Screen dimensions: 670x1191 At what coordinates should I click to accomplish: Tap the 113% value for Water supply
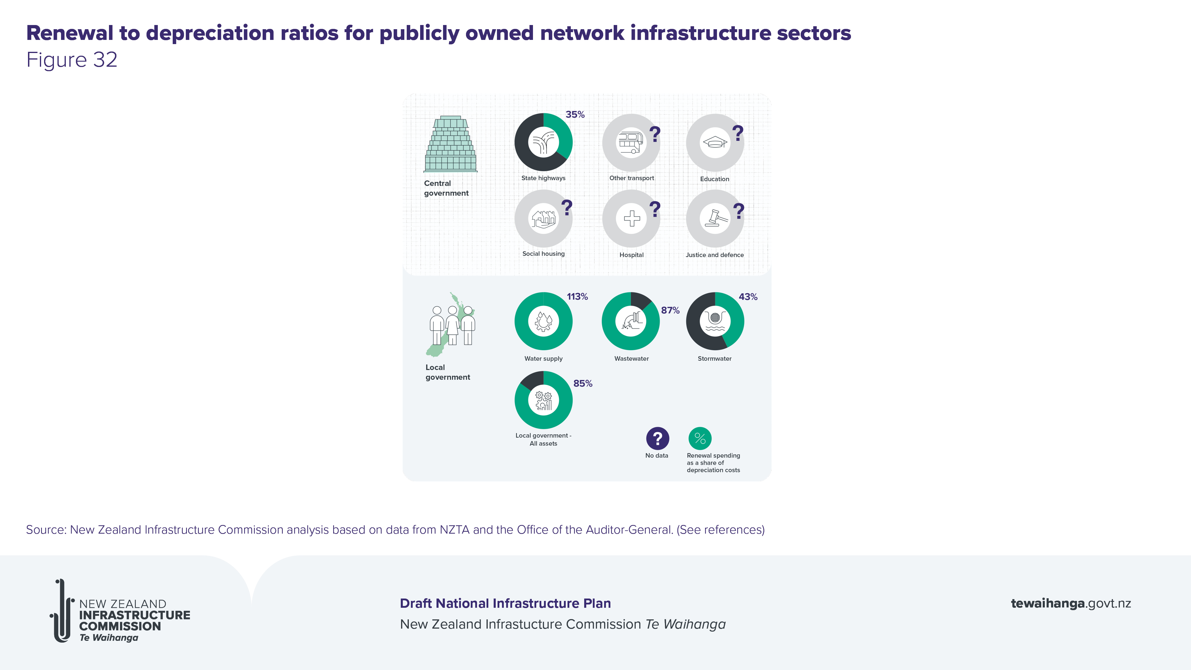click(x=577, y=296)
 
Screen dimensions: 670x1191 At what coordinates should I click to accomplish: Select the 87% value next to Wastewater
click(x=670, y=310)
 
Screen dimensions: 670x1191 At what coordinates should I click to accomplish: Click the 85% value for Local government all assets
click(x=583, y=383)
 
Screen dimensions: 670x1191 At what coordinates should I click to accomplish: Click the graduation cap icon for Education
click(x=715, y=142)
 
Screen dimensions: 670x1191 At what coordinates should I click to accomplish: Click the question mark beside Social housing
click(x=567, y=208)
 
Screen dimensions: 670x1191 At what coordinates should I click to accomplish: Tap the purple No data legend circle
click(x=657, y=438)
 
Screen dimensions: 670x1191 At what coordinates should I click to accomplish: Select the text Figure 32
click(x=72, y=60)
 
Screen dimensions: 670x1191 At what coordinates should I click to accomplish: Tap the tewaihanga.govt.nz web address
click(x=1071, y=603)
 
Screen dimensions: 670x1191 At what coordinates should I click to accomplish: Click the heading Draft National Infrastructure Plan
click(x=505, y=603)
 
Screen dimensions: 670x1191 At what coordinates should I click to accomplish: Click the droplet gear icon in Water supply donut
click(x=543, y=321)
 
